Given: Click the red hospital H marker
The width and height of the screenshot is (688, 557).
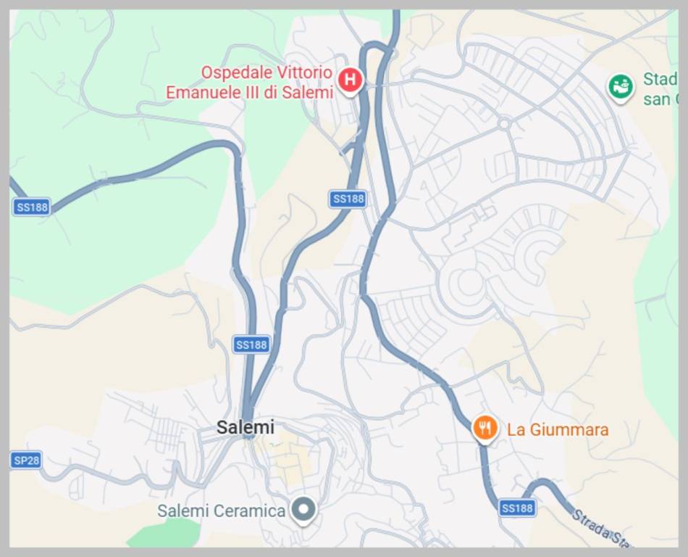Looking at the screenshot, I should pos(350,80).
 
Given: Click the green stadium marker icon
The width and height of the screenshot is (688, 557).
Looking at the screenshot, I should pos(621,88).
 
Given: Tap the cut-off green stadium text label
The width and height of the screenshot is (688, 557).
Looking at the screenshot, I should pos(659,89).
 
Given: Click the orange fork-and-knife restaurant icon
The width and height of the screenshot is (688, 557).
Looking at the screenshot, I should pos(484,429).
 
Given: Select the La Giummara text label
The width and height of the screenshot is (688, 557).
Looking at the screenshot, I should pos(558,429).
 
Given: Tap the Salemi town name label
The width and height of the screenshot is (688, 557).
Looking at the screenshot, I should pos(246,427).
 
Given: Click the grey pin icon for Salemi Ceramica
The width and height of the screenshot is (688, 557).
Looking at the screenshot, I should pos(303,510).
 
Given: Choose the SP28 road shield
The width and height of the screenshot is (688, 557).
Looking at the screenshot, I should pos(26,461).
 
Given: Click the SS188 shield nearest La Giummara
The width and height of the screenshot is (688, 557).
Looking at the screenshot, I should pos(517,508).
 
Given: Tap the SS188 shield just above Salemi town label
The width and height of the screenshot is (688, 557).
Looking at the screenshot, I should pos(251,344).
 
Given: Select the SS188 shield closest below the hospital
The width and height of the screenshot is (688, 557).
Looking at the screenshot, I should pos(347,199).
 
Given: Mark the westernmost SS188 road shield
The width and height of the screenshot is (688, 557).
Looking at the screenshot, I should pos(32,207).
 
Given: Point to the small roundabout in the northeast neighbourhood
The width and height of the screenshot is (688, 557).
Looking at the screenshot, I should pos(504,125).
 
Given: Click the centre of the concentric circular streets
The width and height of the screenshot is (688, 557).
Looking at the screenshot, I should pos(470,285).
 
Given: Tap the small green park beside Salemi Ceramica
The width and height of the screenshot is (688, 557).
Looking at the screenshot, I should pos(165,533).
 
